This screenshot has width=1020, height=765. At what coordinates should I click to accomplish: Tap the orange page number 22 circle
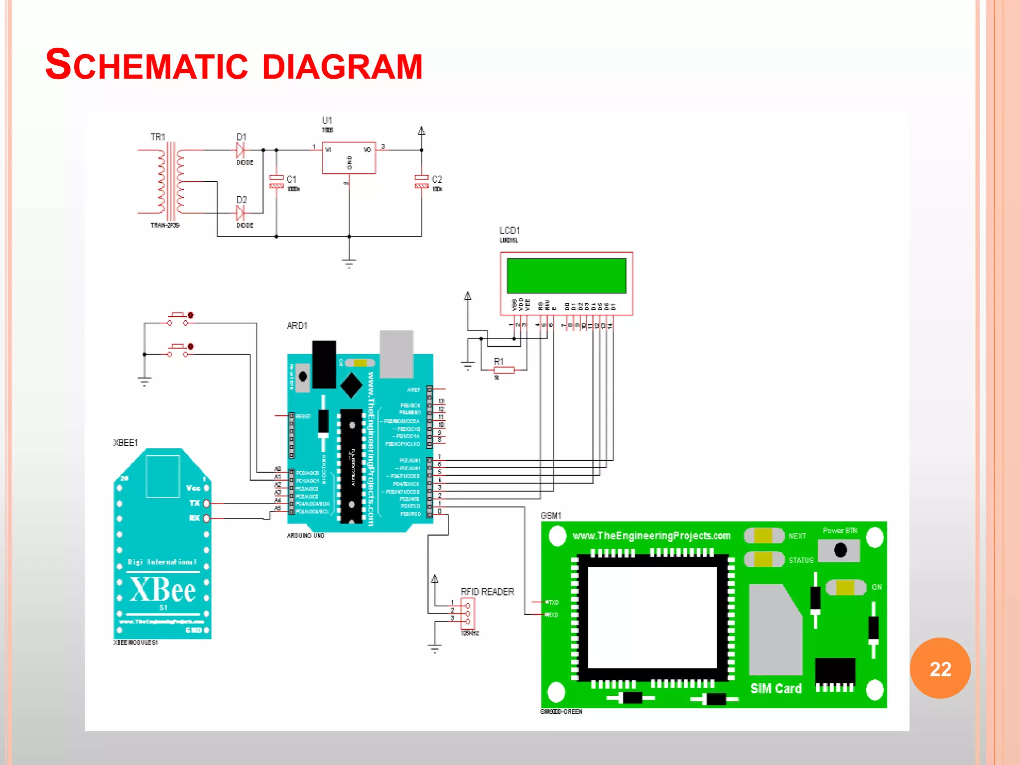coord(940,668)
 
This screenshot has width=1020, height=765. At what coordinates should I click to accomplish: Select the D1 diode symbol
coord(241,149)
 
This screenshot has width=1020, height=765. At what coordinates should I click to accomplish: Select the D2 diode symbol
coord(241,213)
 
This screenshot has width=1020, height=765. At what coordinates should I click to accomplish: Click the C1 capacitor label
coord(291,179)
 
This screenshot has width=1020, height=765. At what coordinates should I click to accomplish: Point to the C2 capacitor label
coord(437,179)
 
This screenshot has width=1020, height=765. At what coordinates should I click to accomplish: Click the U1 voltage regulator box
coord(349,158)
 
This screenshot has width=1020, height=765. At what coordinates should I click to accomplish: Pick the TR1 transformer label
coord(157,137)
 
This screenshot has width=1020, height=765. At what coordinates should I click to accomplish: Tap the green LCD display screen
coord(566,275)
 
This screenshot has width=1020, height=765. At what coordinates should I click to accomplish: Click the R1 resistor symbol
coord(504,370)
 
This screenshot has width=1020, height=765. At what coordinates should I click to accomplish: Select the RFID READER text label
coord(487,592)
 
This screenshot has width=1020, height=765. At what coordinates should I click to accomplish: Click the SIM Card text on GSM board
coord(775,689)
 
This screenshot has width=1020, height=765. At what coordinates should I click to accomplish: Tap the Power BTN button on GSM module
coord(840,550)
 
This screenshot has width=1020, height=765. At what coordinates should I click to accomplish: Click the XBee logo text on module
coord(163,590)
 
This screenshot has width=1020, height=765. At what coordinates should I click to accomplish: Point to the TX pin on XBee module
coord(206,504)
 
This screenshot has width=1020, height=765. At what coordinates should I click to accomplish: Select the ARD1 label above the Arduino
coord(297,326)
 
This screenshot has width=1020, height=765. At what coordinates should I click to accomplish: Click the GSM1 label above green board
coord(551,515)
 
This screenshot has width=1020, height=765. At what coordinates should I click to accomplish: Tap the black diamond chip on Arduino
coord(351,385)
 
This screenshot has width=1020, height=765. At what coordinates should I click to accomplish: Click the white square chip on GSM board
coord(652,618)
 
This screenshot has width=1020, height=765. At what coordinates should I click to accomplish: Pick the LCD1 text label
coord(509,231)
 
